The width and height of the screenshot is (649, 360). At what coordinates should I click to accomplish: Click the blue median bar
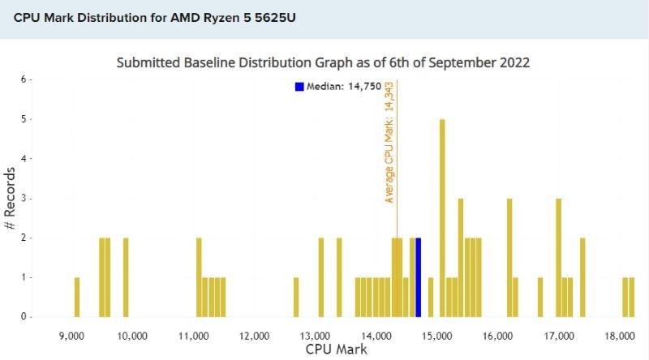click(x=418, y=277)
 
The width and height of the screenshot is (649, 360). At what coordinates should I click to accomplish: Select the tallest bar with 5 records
click(x=442, y=218)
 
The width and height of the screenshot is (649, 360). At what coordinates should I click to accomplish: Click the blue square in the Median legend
click(x=299, y=86)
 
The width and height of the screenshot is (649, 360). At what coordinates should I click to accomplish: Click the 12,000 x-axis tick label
click(x=255, y=334)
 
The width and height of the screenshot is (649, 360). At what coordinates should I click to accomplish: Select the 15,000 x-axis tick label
click(x=438, y=334)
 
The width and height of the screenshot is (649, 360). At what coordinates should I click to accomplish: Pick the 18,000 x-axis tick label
click(x=621, y=334)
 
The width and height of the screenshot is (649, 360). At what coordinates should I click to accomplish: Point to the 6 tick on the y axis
click(x=24, y=79)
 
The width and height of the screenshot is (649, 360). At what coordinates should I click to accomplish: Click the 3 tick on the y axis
click(x=24, y=198)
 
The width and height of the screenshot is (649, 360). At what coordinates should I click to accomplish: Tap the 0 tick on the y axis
click(x=24, y=316)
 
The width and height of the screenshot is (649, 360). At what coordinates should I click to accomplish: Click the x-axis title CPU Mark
click(x=336, y=349)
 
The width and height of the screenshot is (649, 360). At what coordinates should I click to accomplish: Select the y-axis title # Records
click(x=10, y=198)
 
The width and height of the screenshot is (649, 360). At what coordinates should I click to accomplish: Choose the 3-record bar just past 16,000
click(x=509, y=257)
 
